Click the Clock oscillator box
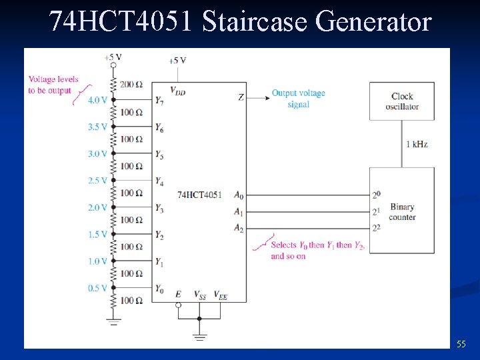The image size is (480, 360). click(x=402, y=101)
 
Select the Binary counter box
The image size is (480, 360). click(x=402, y=211)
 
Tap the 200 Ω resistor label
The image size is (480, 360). click(x=131, y=85)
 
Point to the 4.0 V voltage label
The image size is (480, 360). click(x=97, y=100)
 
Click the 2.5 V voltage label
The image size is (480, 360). click(x=97, y=181)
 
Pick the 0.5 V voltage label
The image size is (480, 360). click(x=97, y=288)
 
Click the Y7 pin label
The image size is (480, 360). click(x=159, y=101)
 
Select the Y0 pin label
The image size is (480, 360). click(x=159, y=289)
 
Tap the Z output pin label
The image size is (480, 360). click(x=241, y=97)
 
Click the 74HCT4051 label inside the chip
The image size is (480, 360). click(x=200, y=195)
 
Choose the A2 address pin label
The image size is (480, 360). click(x=239, y=228)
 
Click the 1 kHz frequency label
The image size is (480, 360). click(x=417, y=144)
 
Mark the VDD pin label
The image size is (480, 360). click(x=177, y=91)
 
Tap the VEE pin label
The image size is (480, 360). click(x=220, y=295)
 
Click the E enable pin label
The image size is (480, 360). click(x=178, y=294)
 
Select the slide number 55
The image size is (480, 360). click(x=461, y=344)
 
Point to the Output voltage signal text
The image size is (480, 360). click(x=298, y=99)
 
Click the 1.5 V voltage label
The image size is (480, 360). click(x=97, y=235)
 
